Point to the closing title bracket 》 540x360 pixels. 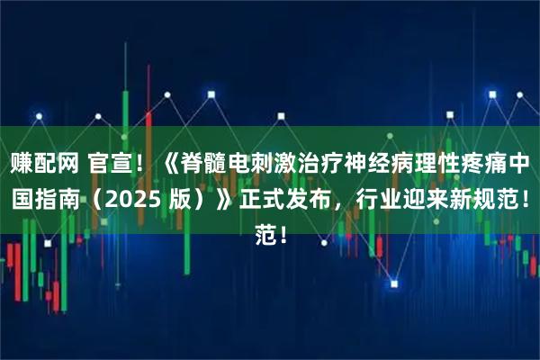[219, 200]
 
